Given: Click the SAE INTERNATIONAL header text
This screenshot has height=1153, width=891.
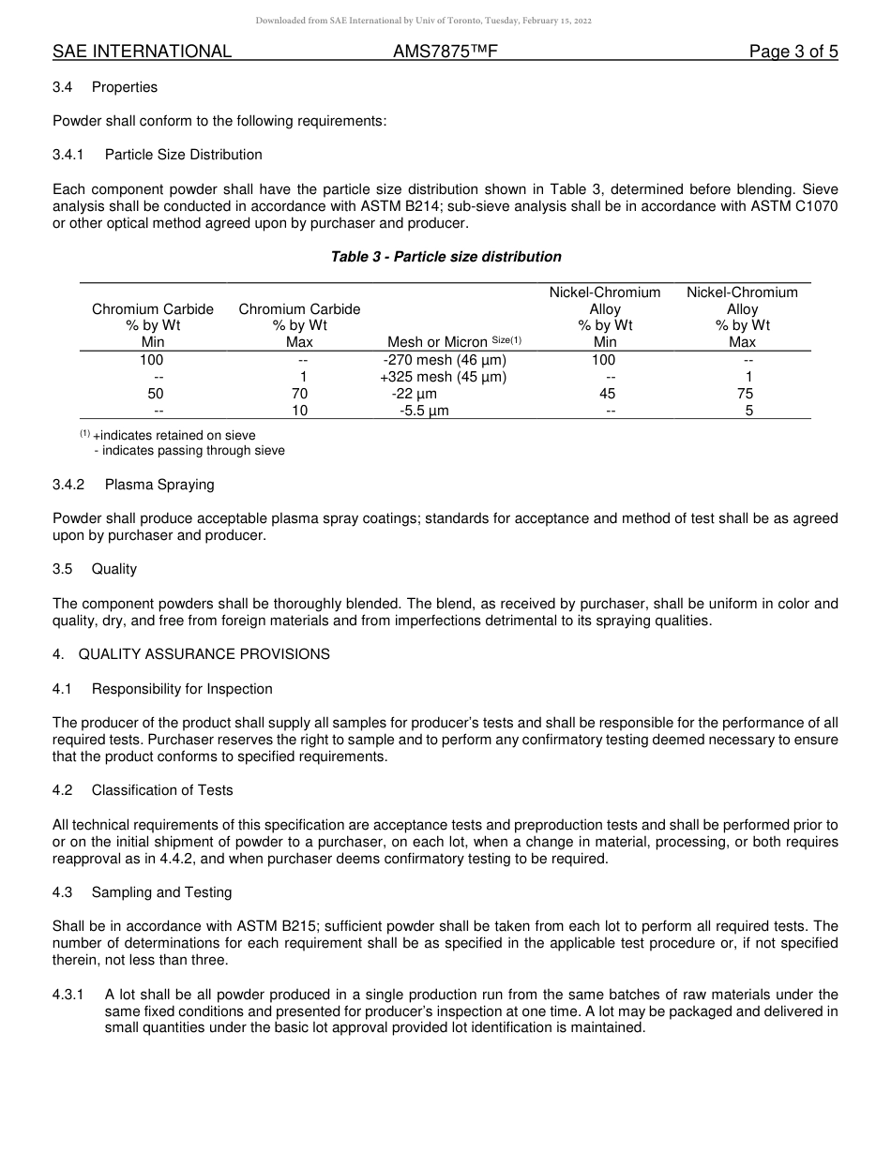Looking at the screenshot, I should click(x=142, y=52).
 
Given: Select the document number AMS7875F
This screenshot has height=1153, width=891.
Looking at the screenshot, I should click(x=445, y=52).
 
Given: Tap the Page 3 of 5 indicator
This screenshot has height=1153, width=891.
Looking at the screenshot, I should click(x=793, y=52).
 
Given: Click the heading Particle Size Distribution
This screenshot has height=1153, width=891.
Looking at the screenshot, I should click(x=183, y=155).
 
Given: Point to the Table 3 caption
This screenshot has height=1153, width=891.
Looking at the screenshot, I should click(x=445, y=257).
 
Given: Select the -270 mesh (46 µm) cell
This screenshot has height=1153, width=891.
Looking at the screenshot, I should click(x=445, y=360).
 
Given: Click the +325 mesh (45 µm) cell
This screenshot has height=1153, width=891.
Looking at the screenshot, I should click(x=443, y=377).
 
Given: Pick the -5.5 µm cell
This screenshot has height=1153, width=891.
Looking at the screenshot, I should click(x=424, y=411).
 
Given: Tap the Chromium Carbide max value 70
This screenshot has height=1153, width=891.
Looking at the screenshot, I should click(x=299, y=394).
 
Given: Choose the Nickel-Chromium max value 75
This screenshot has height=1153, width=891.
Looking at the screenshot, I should click(x=748, y=394).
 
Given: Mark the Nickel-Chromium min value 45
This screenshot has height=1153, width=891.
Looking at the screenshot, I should click(x=607, y=394).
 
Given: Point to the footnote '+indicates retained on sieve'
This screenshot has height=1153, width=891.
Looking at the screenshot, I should click(x=174, y=435).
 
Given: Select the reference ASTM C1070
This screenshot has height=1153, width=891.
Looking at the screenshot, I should click(x=798, y=206).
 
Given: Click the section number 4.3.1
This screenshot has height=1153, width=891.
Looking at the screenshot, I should click(x=68, y=995).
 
